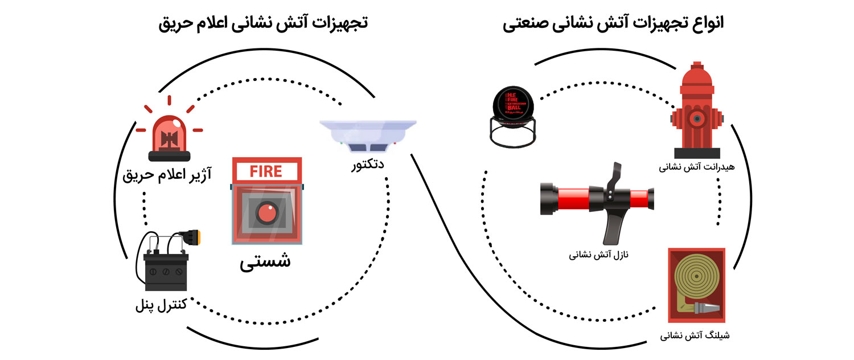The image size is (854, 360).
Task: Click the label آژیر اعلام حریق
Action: [167, 174]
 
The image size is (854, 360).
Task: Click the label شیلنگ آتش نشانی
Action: [695, 336]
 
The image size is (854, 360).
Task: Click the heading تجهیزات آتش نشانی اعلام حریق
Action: [263, 24]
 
